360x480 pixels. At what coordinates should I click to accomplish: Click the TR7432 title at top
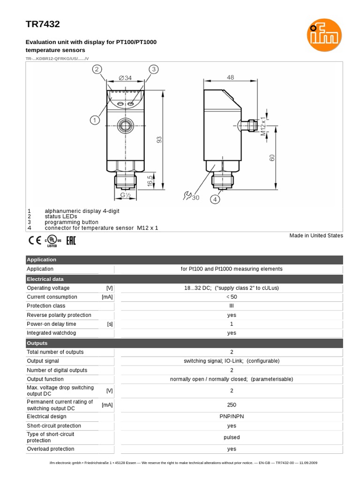pyautogui.click(x=42, y=24)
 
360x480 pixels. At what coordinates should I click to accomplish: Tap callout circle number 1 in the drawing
pyautogui.click(x=95, y=120)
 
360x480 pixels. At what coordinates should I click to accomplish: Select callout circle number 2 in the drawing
pyautogui.click(x=97, y=69)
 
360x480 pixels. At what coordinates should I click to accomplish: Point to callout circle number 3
pyautogui.click(x=153, y=69)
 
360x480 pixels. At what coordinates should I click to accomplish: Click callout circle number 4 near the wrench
pyautogui.click(x=215, y=199)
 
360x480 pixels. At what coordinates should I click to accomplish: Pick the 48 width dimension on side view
pyautogui.click(x=230, y=78)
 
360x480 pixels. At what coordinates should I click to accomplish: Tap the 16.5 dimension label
pyautogui.click(x=150, y=181)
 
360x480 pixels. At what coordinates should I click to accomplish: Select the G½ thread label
pyautogui.click(x=125, y=195)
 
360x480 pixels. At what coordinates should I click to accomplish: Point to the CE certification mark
pyautogui.click(x=34, y=241)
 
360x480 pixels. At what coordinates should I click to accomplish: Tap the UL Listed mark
pyautogui.click(x=52, y=241)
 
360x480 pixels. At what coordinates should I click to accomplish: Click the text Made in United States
pyautogui.click(x=316, y=235)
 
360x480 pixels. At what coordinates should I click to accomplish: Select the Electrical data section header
pyautogui.click(x=42, y=279)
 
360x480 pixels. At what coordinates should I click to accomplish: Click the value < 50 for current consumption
pyautogui.click(x=232, y=297)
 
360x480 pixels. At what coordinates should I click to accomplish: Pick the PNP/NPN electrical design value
pyautogui.click(x=232, y=416)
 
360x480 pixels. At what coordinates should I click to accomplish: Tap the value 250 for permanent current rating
pyautogui.click(x=232, y=405)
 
